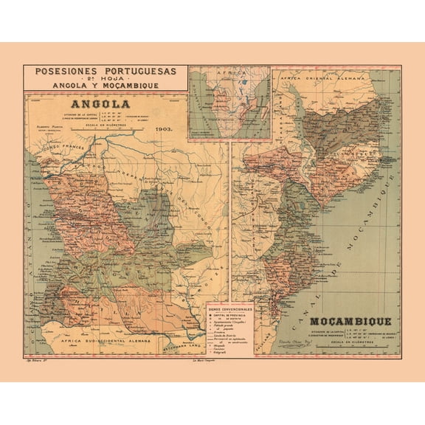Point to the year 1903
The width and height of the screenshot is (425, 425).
click(x=164, y=128)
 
